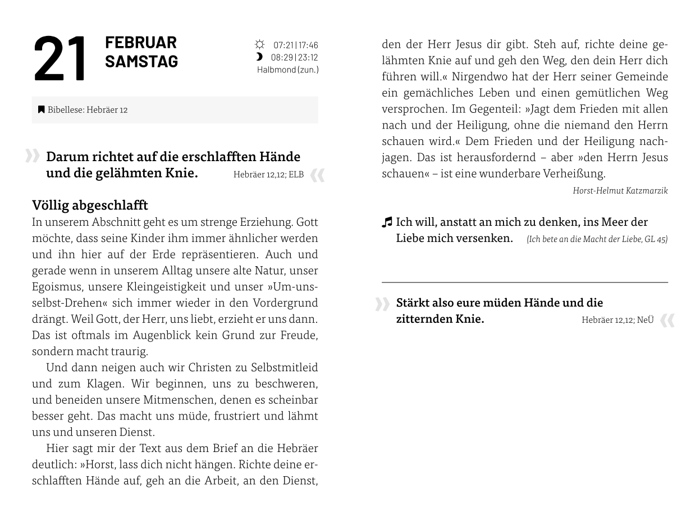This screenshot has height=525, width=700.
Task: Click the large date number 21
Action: click(x=60, y=58)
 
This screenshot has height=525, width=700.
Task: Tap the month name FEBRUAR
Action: click(x=140, y=43)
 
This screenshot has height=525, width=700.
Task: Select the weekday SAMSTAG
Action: click(x=141, y=61)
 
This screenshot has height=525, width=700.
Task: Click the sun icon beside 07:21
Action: click(x=259, y=44)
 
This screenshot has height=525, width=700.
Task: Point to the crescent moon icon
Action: click(x=259, y=57)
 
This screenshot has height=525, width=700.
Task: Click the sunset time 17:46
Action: click(x=308, y=45)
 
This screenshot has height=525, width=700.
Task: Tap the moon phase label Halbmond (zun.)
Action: click(x=287, y=70)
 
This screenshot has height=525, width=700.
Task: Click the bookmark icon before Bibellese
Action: click(x=41, y=109)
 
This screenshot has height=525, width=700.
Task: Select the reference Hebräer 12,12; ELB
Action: click(x=268, y=175)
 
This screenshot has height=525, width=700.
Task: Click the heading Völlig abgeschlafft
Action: click(x=90, y=205)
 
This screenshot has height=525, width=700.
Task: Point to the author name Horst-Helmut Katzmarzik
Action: click(x=620, y=190)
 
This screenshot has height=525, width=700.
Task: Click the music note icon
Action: click(x=387, y=223)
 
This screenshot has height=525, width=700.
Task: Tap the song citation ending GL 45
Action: click(x=597, y=239)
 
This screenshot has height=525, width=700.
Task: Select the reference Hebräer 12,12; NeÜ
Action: click(x=617, y=320)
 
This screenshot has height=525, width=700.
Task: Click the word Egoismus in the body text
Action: click(x=55, y=286)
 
